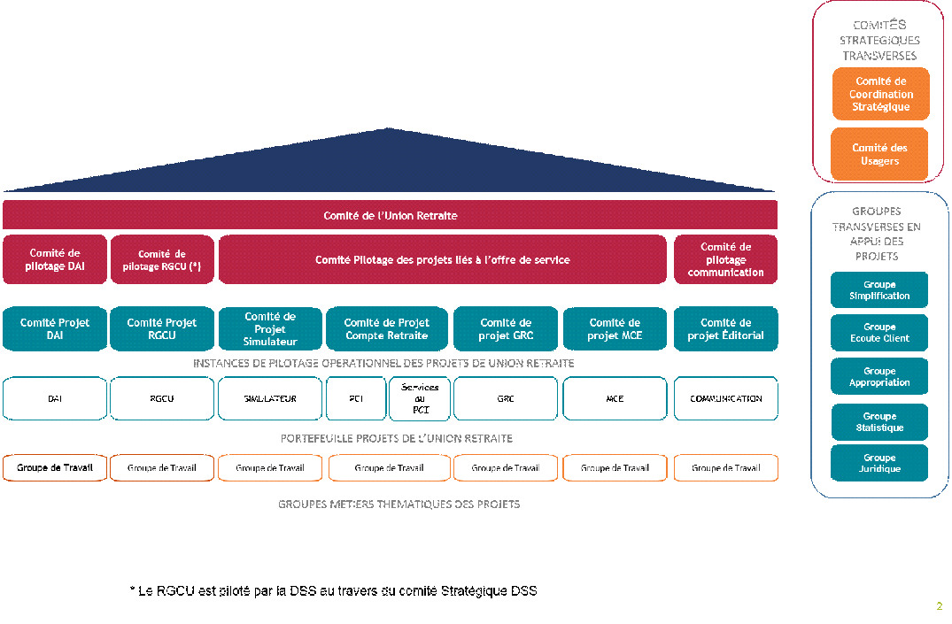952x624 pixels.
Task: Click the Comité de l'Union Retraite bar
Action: click(x=390, y=215)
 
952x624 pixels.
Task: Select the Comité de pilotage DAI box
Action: click(x=55, y=259)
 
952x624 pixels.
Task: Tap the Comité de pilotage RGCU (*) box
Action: click(x=162, y=259)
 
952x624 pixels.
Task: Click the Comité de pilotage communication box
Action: click(x=725, y=259)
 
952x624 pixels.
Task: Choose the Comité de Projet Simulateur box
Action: click(x=270, y=328)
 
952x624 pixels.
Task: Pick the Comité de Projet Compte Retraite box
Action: click(x=387, y=328)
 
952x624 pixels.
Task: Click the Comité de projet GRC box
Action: click(x=506, y=328)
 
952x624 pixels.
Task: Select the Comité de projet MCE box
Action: click(x=615, y=328)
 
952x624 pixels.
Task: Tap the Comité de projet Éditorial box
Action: click(x=725, y=328)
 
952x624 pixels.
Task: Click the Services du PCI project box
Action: click(x=420, y=398)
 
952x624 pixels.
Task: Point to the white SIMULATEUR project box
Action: click(x=270, y=398)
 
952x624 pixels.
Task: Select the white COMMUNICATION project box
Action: click(x=725, y=398)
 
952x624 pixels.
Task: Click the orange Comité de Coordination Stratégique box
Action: click(x=880, y=94)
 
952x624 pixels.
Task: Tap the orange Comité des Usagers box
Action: click(x=879, y=154)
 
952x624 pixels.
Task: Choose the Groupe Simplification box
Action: click(x=879, y=289)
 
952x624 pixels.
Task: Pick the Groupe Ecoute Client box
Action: click(x=879, y=333)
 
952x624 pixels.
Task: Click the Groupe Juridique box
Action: click(x=879, y=463)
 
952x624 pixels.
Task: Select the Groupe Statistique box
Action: click(x=879, y=421)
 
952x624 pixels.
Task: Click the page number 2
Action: click(x=939, y=606)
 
